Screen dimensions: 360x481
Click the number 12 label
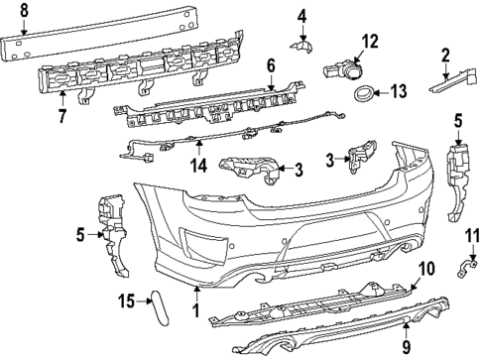point(369,41)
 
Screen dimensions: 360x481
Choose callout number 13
point(399,92)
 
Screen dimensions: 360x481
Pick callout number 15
point(127,300)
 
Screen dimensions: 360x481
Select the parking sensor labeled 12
point(342,69)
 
